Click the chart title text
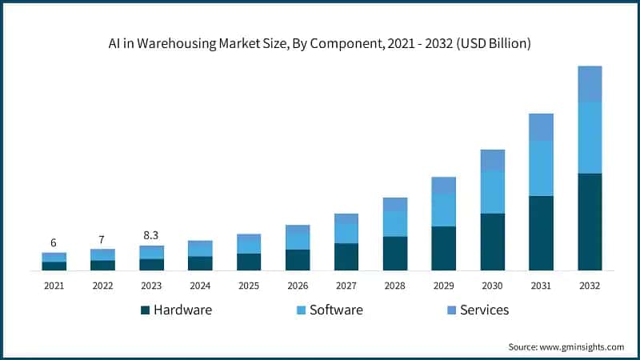point(319,43)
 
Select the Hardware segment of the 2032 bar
point(590,222)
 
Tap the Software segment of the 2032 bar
point(590,138)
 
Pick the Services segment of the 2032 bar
point(590,84)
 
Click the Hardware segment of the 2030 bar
point(492,242)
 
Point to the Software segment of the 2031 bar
point(541,168)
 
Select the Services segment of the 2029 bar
point(443,185)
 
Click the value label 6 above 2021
point(54,243)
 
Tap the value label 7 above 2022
point(102,240)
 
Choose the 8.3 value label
point(151,236)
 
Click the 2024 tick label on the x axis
point(200,286)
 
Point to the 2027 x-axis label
point(346,286)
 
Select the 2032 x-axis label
point(590,286)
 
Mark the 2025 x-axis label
point(249,286)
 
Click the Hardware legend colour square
point(145,310)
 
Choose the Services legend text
point(484,310)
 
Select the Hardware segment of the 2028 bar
point(394,253)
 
